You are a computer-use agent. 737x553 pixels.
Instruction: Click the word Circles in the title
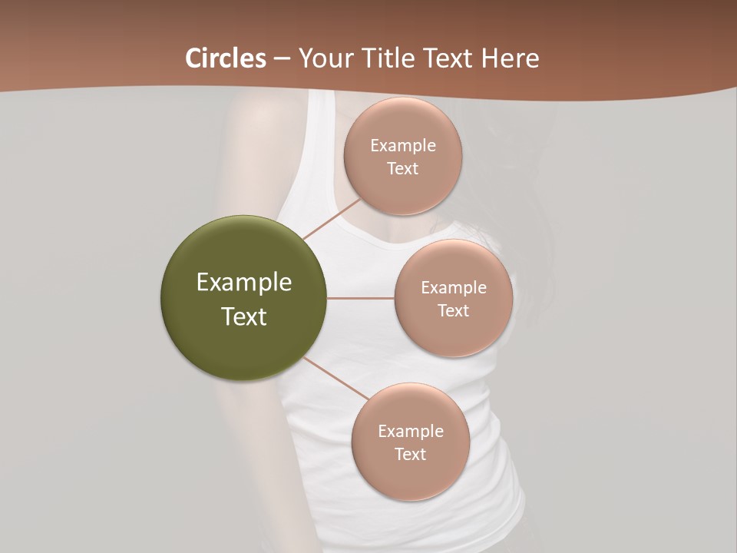click(x=225, y=58)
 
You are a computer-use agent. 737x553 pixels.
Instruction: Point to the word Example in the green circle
click(x=244, y=283)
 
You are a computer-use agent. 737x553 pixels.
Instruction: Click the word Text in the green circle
click(x=244, y=316)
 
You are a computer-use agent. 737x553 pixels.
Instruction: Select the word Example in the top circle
click(x=402, y=146)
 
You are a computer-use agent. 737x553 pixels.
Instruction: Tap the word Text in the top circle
click(x=402, y=169)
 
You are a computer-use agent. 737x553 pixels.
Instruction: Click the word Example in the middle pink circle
click(x=453, y=288)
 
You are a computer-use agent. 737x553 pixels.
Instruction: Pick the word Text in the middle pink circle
click(x=453, y=311)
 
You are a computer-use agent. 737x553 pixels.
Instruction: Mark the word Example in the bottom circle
click(x=410, y=432)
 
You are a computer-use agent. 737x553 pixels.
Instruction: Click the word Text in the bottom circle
click(x=410, y=455)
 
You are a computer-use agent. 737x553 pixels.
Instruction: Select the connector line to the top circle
click(x=332, y=219)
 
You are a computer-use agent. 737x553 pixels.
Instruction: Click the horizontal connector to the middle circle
click(x=361, y=298)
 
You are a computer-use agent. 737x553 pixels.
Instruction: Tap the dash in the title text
click(x=281, y=59)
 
